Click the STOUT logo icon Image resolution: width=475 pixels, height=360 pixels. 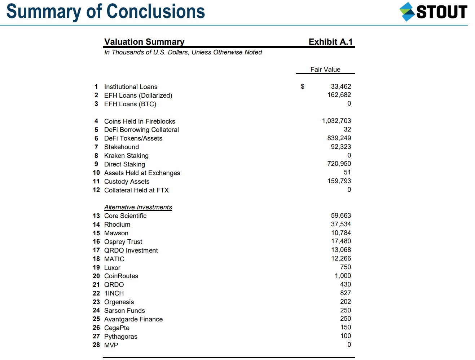click(407, 12)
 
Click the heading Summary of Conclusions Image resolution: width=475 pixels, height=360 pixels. click(106, 12)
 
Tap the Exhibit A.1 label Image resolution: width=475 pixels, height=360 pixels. click(330, 42)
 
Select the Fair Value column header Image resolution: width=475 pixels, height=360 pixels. click(325, 70)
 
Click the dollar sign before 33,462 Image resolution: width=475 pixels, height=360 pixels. click(303, 86)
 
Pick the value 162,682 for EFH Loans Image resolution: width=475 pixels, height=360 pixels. click(339, 95)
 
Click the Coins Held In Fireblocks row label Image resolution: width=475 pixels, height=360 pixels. click(140, 121)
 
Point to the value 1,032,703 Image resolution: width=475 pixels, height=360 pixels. click(336, 121)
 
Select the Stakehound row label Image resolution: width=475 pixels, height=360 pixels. click(122, 147)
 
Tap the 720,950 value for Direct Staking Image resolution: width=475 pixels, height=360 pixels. click(339, 164)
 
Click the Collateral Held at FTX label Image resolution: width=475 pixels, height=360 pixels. click(136, 190)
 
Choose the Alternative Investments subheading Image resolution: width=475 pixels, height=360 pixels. click(138, 207)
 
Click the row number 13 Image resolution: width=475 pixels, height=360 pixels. click(96, 216)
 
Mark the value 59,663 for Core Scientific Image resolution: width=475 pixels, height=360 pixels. click(341, 215)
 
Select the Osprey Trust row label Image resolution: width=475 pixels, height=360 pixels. click(123, 242)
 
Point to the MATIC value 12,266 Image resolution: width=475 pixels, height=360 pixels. click(341, 258)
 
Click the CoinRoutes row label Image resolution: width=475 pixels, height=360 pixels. click(121, 276)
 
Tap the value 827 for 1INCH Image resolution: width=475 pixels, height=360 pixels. click(346, 293)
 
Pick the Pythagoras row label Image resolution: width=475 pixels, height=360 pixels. click(121, 337)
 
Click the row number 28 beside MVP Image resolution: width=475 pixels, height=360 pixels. click(96, 345)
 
